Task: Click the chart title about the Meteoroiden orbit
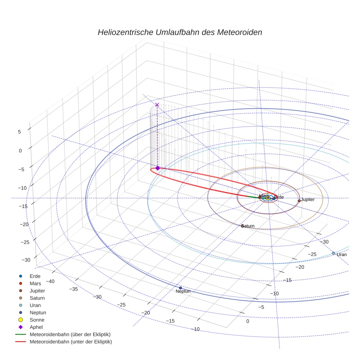pyautogui.click(x=180, y=32)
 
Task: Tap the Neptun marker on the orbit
pyautogui.click(x=180, y=288)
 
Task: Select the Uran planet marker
pyautogui.click(x=333, y=253)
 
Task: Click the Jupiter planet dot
pyautogui.click(x=299, y=200)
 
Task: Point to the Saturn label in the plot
pyautogui.click(x=248, y=226)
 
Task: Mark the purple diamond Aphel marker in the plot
pyautogui.click(x=157, y=168)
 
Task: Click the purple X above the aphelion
pyautogui.click(x=157, y=105)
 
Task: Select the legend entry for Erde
pyautogui.click(x=35, y=276)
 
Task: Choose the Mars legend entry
pyautogui.click(x=35, y=283)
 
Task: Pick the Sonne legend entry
pyautogui.click(x=37, y=320)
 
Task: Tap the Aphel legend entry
pyautogui.click(x=37, y=327)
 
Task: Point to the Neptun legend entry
pyautogui.click(x=38, y=312)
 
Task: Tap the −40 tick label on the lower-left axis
pyautogui.click(x=50, y=281)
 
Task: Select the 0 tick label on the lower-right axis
pyautogui.click(x=248, y=321)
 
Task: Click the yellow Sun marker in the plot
pyautogui.click(x=268, y=198)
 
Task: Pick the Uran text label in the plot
pyautogui.click(x=342, y=255)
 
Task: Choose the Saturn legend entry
pyautogui.click(x=37, y=298)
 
